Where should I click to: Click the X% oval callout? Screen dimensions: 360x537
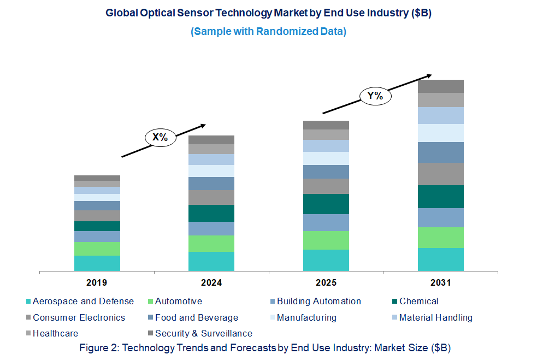click(x=160, y=137)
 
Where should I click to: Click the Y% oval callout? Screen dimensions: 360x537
click(x=375, y=97)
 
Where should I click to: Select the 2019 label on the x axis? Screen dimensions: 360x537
click(x=97, y=283)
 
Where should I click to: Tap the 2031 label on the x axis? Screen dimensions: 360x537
click(x=440, y=283)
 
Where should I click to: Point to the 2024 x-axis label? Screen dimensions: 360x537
click(x=211, y=283)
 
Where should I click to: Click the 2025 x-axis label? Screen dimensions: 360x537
click(x=326, y=283)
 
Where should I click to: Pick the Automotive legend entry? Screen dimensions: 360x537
click(x=178, y=301)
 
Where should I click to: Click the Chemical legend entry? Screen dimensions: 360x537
click(x=418, y=301)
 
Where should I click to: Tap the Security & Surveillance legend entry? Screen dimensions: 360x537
click(x=203, y=333)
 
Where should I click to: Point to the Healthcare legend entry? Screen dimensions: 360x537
click(x=55, y=333)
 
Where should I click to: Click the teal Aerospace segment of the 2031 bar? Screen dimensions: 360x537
click(x=440, y=259)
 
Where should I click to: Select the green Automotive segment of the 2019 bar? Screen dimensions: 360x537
click(x=97, y=249)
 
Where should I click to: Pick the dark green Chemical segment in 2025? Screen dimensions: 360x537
click(x=326, y=204)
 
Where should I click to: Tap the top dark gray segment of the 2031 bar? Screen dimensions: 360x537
click(x=440, y=86)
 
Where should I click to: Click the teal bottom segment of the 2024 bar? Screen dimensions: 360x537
click(x=211, y=261)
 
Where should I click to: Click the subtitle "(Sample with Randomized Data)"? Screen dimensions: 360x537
click(x=268, y=32)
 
